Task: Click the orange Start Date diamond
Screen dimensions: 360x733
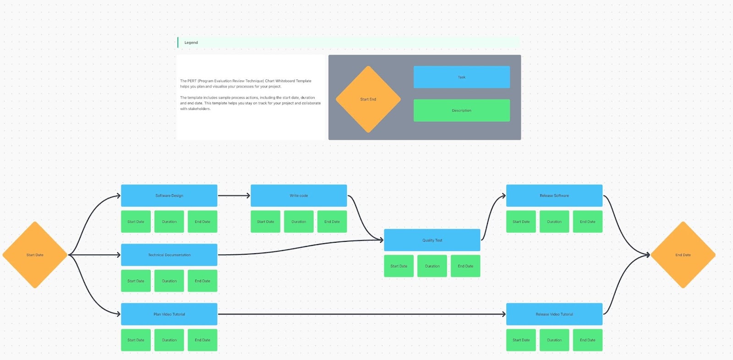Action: [x=35, y=255]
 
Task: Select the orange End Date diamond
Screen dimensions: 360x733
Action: [x=683, y=255]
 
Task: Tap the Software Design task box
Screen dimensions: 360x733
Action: [x=169, y=196]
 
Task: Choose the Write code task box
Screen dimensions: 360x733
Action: [x=299, y=196]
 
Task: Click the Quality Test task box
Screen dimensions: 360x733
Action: [x=432, y=240]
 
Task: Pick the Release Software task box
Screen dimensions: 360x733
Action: [x=554, y=196]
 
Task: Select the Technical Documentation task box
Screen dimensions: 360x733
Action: [x=169, y=255]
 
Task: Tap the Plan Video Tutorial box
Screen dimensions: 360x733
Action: [x=169, y=314]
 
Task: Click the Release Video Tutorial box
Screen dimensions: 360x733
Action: [x=554, y=314]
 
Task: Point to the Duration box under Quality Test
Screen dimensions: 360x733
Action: [x=432, y=266]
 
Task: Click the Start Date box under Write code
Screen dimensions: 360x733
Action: [x=265, y=222]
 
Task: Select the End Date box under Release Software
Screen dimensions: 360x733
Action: [x=587, y=222]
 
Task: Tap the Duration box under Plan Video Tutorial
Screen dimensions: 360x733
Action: [x=169, y=340]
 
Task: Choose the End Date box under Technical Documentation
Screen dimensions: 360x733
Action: [x=202, y=281]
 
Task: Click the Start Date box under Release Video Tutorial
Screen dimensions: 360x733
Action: [x=521, y=340]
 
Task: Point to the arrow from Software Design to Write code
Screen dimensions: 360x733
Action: [x=234, y=196]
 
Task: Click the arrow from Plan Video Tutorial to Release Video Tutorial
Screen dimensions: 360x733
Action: [x=362, y=314]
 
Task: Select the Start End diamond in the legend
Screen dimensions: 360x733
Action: [x=368, y=99]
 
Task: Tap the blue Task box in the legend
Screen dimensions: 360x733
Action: [x=461, y=77]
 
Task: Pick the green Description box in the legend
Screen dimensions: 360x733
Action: [x=461, y=110]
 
